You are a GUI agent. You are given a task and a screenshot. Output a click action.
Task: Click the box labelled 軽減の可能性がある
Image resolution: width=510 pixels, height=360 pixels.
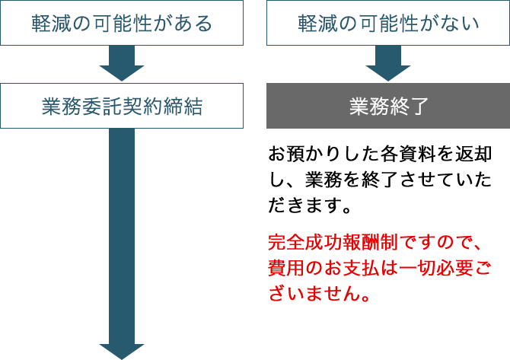(x=122, y=24)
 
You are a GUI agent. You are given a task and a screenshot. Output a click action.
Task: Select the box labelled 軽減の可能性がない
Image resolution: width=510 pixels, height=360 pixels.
(x=387, y=24)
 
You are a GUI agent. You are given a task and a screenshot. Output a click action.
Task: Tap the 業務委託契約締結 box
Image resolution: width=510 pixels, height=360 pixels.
(x=122, y=106)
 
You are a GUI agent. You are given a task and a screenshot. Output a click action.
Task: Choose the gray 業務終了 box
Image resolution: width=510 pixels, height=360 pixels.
(x=387, y=106)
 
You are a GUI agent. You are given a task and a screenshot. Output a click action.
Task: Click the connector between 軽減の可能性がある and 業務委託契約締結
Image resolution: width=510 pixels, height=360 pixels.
(x=122, y=64)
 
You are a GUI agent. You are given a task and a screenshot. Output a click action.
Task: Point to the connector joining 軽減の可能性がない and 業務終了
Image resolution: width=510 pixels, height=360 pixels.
(x=387, y=64)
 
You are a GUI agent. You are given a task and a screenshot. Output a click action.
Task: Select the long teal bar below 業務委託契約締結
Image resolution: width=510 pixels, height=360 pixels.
(x=122, y=244)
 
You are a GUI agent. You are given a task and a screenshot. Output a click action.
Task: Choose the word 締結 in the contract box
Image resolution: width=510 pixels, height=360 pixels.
(x=183, y=106)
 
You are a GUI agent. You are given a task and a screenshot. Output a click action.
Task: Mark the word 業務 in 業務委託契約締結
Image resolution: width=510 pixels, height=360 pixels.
(x=61, y=106)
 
